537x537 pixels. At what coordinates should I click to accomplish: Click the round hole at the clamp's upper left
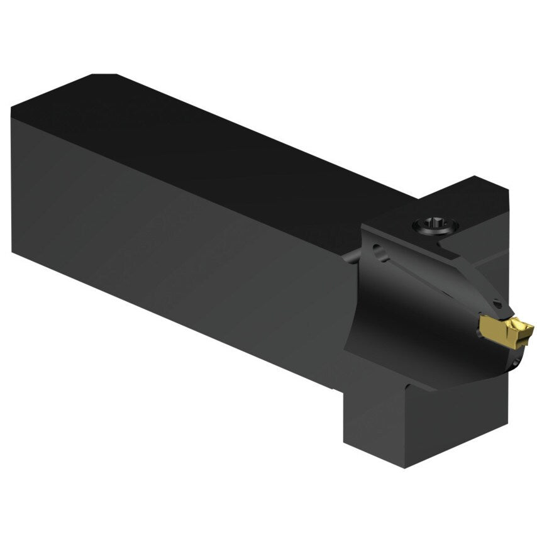(x=379, y=253)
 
